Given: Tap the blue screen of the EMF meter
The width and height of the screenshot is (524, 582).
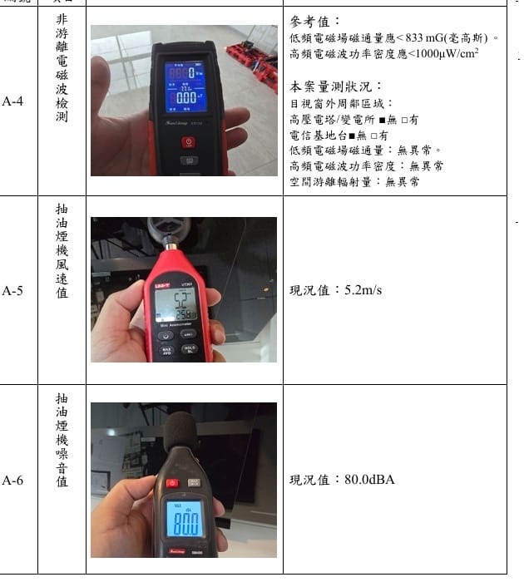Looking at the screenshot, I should [186, 86].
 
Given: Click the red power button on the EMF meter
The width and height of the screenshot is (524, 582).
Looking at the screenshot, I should [189, 141].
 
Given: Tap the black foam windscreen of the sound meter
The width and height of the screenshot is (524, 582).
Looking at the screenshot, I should [180, 432].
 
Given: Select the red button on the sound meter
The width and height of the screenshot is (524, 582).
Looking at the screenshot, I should [172, 483].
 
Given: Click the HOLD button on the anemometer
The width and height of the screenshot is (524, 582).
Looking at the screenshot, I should [190, 349].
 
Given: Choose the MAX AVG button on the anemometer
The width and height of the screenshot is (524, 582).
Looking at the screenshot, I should [166, 351].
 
